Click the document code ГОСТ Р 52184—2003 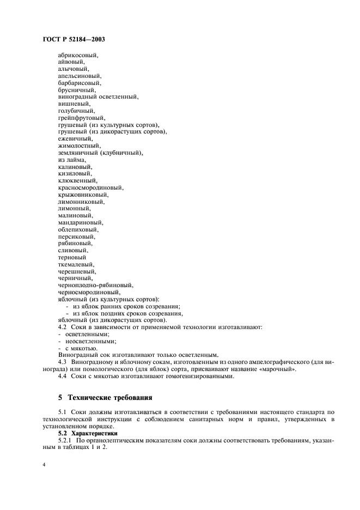click(73, 39)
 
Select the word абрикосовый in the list click(78, 55)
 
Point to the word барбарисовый click(79, 83)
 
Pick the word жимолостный click(79, 145)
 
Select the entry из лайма click(71, 160)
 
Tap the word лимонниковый click(81, 202)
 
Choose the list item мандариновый click(81, 222)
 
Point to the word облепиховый click(78, 229)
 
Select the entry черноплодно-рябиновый click(95, 285)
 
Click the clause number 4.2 click(63, 327)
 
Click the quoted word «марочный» click(279, 369)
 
